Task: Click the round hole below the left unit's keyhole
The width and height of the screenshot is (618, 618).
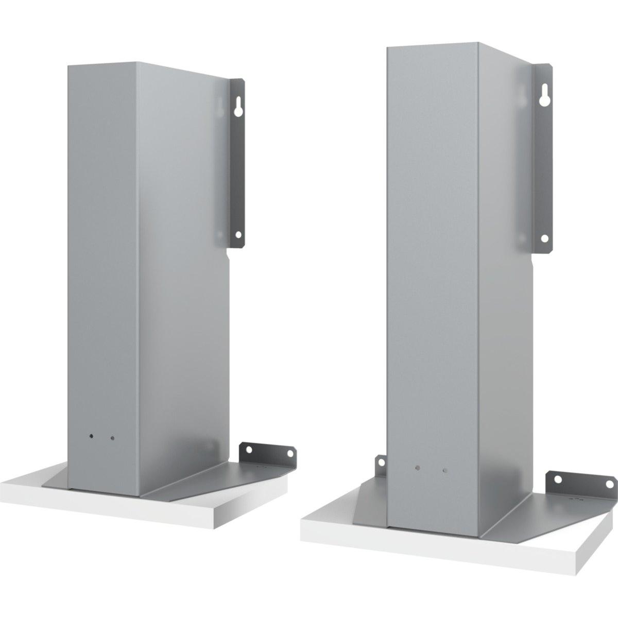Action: point(238,234)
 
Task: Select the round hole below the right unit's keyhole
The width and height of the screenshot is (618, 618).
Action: point(544,238)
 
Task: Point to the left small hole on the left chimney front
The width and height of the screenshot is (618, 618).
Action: point(91,436)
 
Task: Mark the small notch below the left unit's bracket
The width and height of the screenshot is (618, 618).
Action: point(229,254)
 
